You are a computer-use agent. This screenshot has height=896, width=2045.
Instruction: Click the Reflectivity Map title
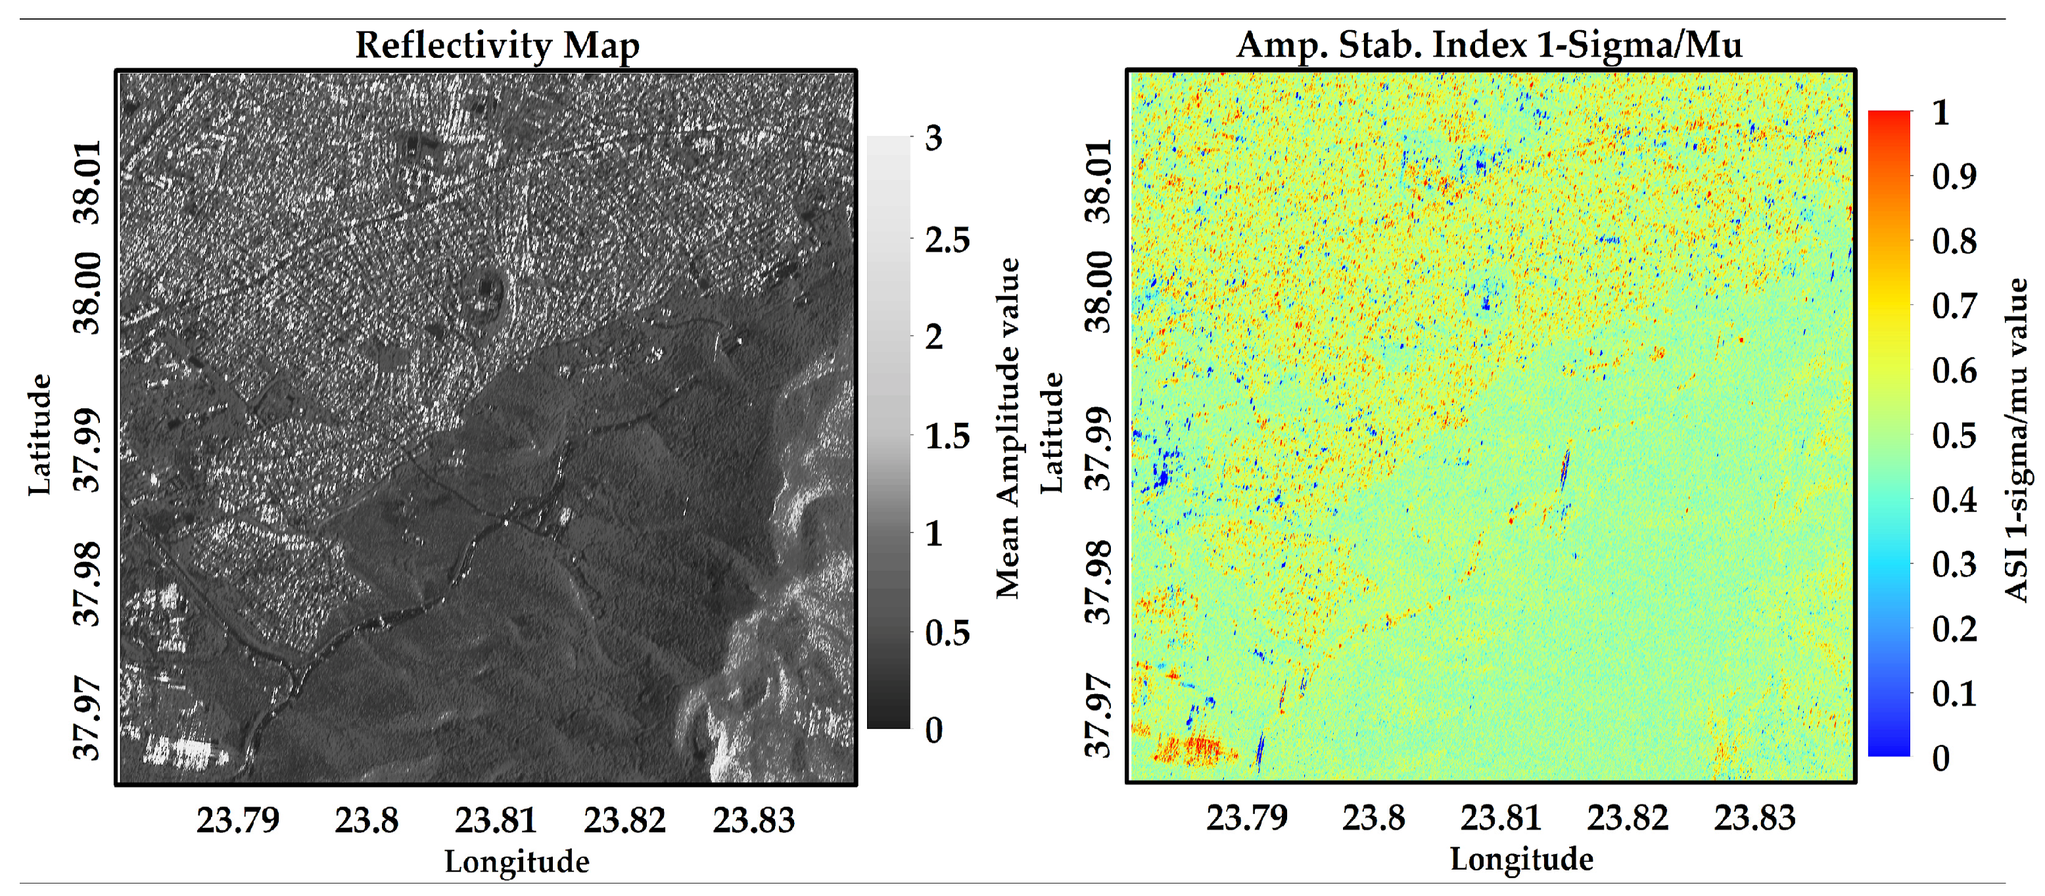pyautogui.click(x=497, y=45)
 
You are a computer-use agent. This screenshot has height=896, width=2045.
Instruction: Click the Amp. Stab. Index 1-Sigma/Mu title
pyautogui.click(x=1490, y=45)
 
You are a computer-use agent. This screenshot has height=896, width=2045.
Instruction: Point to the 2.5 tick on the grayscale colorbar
pyautogui.click(x=947, y=238)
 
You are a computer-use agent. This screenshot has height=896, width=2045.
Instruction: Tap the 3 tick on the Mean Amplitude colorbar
pyautogui.click(x=933, y=138)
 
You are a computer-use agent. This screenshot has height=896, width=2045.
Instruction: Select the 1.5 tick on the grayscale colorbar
pyautogui.click(x=947, y=436)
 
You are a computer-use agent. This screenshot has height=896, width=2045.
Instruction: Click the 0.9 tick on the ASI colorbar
pyautogui.click(x=1954, y=176)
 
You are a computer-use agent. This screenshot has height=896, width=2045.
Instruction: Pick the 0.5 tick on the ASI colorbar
pyautogui.click(x=1954, y=435)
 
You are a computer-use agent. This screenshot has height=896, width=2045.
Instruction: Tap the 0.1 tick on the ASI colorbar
pyautogui.click(x=1954, y=694)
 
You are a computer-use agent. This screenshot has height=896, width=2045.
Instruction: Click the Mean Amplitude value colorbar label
pyautogui.click(x=1008, y=429)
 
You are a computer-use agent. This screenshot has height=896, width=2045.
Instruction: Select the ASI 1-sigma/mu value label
pyautogui.click(x=2017, y=440)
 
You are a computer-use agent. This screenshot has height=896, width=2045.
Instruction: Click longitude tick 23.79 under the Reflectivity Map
pyautogui.click(x=238, y=820)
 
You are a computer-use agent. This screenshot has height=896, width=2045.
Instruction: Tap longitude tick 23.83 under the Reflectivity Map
pyautogui.click(x=753, y=820)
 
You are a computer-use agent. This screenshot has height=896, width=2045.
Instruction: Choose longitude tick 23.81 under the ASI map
pyautogui.click(x=1501, y=817)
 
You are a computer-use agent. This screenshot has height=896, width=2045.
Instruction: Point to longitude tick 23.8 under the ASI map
pyautogui.click(x=1373, y=817)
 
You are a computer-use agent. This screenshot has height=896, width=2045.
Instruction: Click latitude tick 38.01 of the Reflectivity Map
pyautogui.click(x=87, y=183)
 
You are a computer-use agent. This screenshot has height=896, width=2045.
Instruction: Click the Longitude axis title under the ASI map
pyautogui.click(x=1521, y=859)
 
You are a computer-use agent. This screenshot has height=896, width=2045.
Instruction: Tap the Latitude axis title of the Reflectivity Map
pyautogui.click(x=39, y=435)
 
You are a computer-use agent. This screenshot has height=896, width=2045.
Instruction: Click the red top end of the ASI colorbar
pyautogui.click(x=1889, y=116)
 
